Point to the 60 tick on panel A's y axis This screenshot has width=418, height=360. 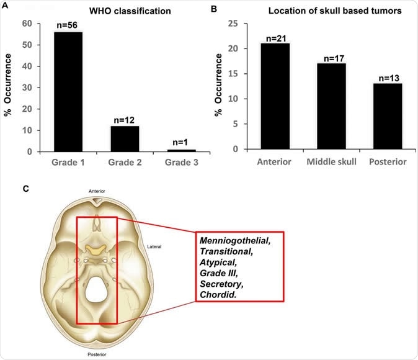27,24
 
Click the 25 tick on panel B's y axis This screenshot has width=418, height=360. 235,24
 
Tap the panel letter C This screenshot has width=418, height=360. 25,188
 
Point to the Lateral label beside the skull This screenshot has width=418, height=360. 155,246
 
